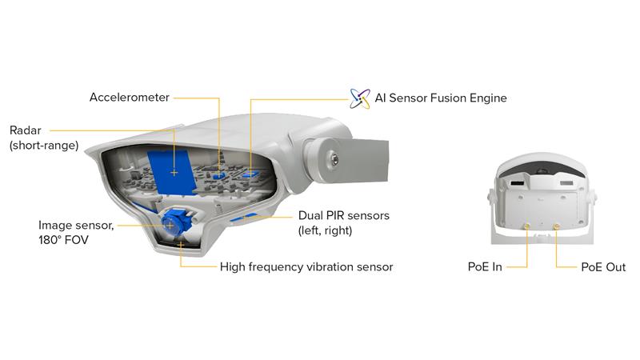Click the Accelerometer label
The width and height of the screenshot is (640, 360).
pyautogui.click(x=129, y=98)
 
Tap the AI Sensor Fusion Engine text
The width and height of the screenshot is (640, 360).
pyautogui.click(x=441, y=98)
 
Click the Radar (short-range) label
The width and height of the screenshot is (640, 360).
pyautogui.click(x=43, y=137)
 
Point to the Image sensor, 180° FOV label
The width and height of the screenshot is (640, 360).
pyautogui.click(x=77, y=231)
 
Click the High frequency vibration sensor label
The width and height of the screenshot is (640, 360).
pyautogui.click(x=306, y=266)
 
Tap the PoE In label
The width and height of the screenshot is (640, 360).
pyautogui.click(x=486, y=266)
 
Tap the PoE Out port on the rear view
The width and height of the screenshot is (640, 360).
pyautogui.click(x=557, y=226)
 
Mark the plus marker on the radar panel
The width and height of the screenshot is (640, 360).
pyautogui.click(x=174, y=171)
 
